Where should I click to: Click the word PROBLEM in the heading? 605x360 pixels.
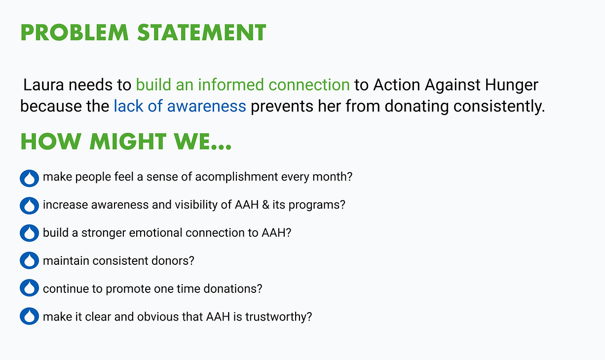coord(75,33)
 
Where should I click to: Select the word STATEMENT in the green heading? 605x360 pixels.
coord(202,33)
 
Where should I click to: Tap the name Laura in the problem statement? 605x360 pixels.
coord(43,85)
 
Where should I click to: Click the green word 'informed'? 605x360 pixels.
coord(230,85)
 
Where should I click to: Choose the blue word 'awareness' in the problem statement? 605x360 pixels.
coord(207,106)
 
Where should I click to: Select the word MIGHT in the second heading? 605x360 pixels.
coord(128,142)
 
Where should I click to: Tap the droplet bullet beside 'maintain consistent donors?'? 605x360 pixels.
coord(29,260)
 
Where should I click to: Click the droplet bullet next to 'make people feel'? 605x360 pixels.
coord(29,178)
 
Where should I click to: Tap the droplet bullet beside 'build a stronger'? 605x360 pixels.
coord(29,233)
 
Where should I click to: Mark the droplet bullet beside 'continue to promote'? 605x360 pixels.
coord(29,288)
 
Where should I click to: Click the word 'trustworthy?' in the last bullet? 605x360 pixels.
coord(278,317)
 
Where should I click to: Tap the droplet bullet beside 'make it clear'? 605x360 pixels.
coord(29,316)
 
